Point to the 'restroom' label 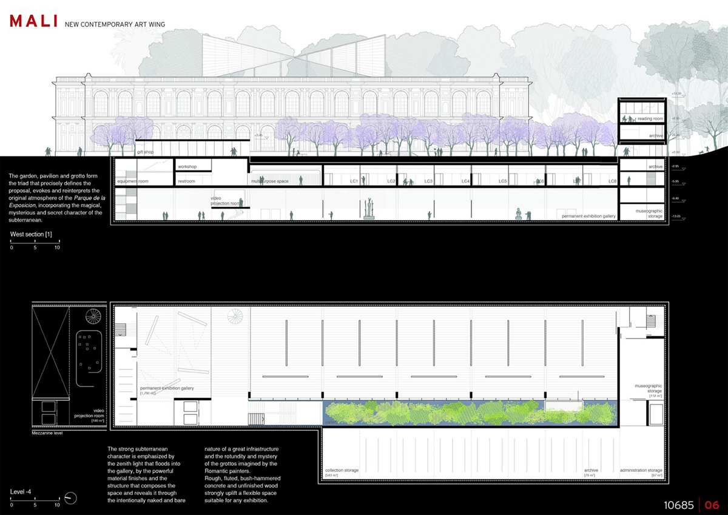(187, 181)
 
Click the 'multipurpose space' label (269, 181)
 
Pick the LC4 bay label (466, 181)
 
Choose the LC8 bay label (613, 181)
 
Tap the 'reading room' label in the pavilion (650, 119)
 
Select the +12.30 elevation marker (677, 93)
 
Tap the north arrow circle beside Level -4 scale (72, 497)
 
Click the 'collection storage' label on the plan (342, 470)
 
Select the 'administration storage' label (641, 470)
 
